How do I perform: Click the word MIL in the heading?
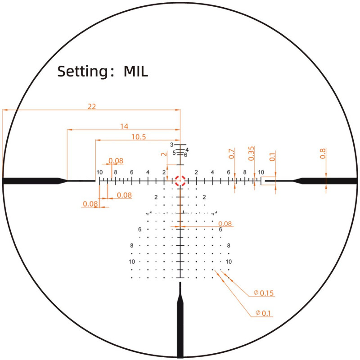[136, 72]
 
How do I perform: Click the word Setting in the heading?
[82, 72]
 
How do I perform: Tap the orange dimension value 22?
[92, 107]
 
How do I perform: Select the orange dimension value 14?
[124, 126]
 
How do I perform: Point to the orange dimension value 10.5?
[139, 137]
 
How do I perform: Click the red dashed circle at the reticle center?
[180, 181]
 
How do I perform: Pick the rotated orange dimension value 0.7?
[232, 153]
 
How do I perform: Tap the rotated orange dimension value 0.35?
[252, 153]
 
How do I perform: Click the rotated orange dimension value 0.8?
[323, 153]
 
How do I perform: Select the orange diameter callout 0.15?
[264, 293]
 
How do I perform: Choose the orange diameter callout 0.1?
[263, 313]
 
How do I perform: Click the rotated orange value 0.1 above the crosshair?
[272, 157]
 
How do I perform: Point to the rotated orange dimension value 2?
[164, 154]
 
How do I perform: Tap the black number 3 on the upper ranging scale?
[171, 145]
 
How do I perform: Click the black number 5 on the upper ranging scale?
[174, 153]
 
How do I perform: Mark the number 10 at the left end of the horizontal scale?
[99, 172]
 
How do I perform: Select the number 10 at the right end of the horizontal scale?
[261, 172]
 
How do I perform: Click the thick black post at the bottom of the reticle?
[180, 320]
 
